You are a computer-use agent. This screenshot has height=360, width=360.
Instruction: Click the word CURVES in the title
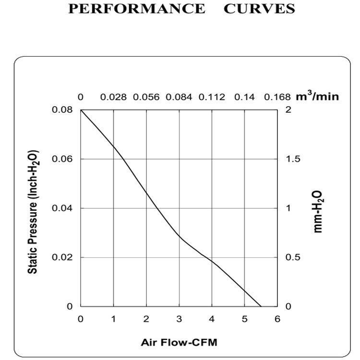tap(259, 9)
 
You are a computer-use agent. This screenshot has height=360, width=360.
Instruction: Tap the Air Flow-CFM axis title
tap(179, 343)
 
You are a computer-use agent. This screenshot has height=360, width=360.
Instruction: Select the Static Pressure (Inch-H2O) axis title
tap(33, 211)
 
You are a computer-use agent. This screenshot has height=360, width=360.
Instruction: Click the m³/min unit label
tap(317, 96)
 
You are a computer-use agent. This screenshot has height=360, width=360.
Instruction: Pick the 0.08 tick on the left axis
tap(62, 110)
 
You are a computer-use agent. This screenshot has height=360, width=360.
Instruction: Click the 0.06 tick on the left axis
tap(62, 159)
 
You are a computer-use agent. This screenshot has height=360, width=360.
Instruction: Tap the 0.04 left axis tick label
tap(62, 208)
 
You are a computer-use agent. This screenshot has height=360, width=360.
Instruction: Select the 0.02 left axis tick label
tap(62, 257)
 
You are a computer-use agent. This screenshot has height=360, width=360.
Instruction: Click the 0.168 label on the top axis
tap(277, 97)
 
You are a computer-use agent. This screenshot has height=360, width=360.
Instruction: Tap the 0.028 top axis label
tap(113, 97)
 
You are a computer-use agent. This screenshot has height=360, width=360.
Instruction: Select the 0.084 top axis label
tap(179, 97)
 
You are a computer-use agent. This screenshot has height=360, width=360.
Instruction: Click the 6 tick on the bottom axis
tap(277, 318)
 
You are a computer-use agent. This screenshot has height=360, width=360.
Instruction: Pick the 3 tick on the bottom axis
tap(179, 318)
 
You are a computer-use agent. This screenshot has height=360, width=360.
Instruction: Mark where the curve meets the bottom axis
tap(261, 306)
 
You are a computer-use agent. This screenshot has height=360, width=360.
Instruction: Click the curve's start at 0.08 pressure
tap(81, 110)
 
